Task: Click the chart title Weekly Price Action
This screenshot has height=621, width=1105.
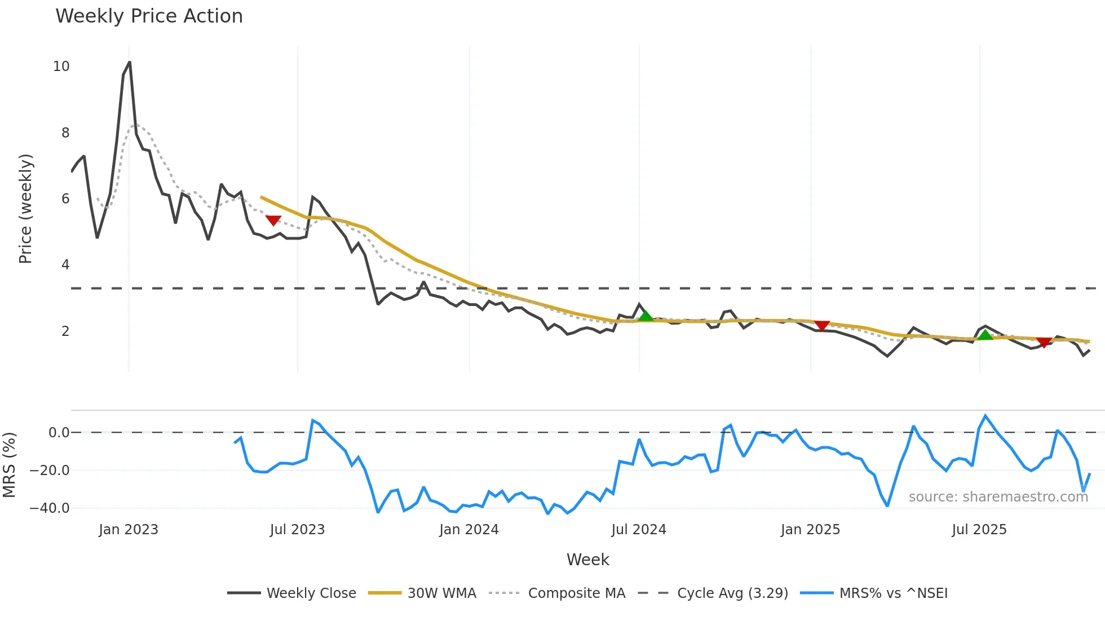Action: tap(149, 16)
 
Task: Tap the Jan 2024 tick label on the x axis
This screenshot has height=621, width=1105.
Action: tap(468, 530)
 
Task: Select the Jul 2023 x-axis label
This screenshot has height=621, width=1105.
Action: tap(297, 530)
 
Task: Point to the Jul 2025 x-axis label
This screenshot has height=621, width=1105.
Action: tap(979, 530)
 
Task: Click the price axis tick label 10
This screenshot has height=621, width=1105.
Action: tap(61, 66)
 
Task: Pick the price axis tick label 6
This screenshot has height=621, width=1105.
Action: tap(65, 199)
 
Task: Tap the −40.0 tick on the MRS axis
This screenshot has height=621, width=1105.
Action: tap(50, 508)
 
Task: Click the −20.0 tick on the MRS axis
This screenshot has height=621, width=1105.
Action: tap(50, 471)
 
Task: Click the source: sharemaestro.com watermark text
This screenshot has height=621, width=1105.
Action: tap(998, 497)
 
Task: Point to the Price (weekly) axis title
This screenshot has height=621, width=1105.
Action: tap(25, 209)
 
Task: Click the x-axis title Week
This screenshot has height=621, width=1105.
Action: tap(587, 560)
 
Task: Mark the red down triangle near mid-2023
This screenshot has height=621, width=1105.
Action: tap(273, 220)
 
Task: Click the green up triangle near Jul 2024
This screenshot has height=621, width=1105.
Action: tap(646, 316)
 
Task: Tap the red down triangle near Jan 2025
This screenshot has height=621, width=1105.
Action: tap(822, 326)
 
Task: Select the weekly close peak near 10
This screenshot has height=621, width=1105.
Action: tap(130, 63)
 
